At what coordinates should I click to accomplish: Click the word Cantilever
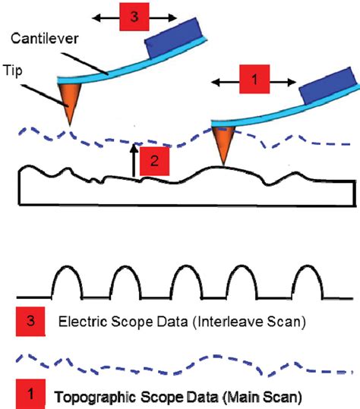click(44, 39)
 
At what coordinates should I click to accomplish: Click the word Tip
click(13, 71)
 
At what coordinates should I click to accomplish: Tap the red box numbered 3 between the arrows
click(134, 17)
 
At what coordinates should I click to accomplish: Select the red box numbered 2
click(154, 161)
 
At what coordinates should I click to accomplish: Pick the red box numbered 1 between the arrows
click(254, 79)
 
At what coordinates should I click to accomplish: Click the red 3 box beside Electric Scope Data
click(30, 322)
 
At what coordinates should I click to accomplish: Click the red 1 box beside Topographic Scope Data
click(30, 394)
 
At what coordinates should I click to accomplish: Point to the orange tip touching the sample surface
click(223, 145)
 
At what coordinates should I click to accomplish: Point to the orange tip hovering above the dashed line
click(69, 104)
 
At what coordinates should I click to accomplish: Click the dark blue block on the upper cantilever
click(173, 38)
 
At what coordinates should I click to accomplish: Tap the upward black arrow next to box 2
click(134, 160)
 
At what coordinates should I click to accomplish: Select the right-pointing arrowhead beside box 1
click(292, 82)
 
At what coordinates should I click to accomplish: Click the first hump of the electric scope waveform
click(67, 282)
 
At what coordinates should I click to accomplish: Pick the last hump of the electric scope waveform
click(308, 282)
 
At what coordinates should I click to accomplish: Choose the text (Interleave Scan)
click(249, 322)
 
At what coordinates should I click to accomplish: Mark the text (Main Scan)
click(262, 397)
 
